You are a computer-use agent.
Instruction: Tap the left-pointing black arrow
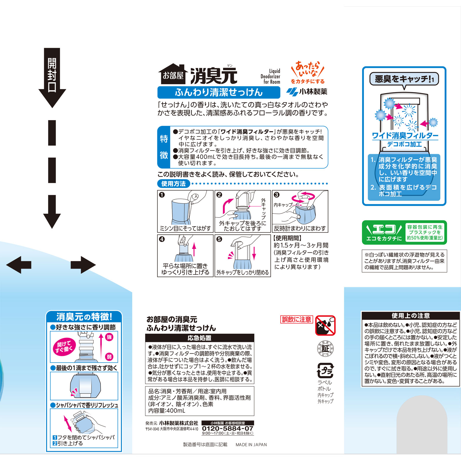(19, 264)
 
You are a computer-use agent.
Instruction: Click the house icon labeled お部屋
(173, 74)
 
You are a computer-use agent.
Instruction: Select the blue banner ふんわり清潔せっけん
(219, 92)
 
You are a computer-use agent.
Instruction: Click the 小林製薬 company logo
(307, 92)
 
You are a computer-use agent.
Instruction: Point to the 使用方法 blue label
(173, 184)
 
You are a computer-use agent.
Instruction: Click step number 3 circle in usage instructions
(277, 195)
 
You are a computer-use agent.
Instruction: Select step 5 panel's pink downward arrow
(254, 253)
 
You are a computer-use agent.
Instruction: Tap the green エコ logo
(384, 232)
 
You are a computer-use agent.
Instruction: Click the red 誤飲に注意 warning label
(296, 319)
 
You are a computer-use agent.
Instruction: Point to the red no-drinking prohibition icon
(325, 325)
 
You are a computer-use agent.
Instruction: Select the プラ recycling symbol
(325, 371)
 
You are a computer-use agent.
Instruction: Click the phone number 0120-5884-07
(228, 428)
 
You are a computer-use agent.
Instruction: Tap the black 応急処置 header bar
(199, 338)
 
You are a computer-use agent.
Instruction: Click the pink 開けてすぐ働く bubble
(64, 347)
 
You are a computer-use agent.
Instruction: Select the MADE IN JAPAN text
(251, 445)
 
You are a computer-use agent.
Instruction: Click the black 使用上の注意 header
(410, 315)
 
